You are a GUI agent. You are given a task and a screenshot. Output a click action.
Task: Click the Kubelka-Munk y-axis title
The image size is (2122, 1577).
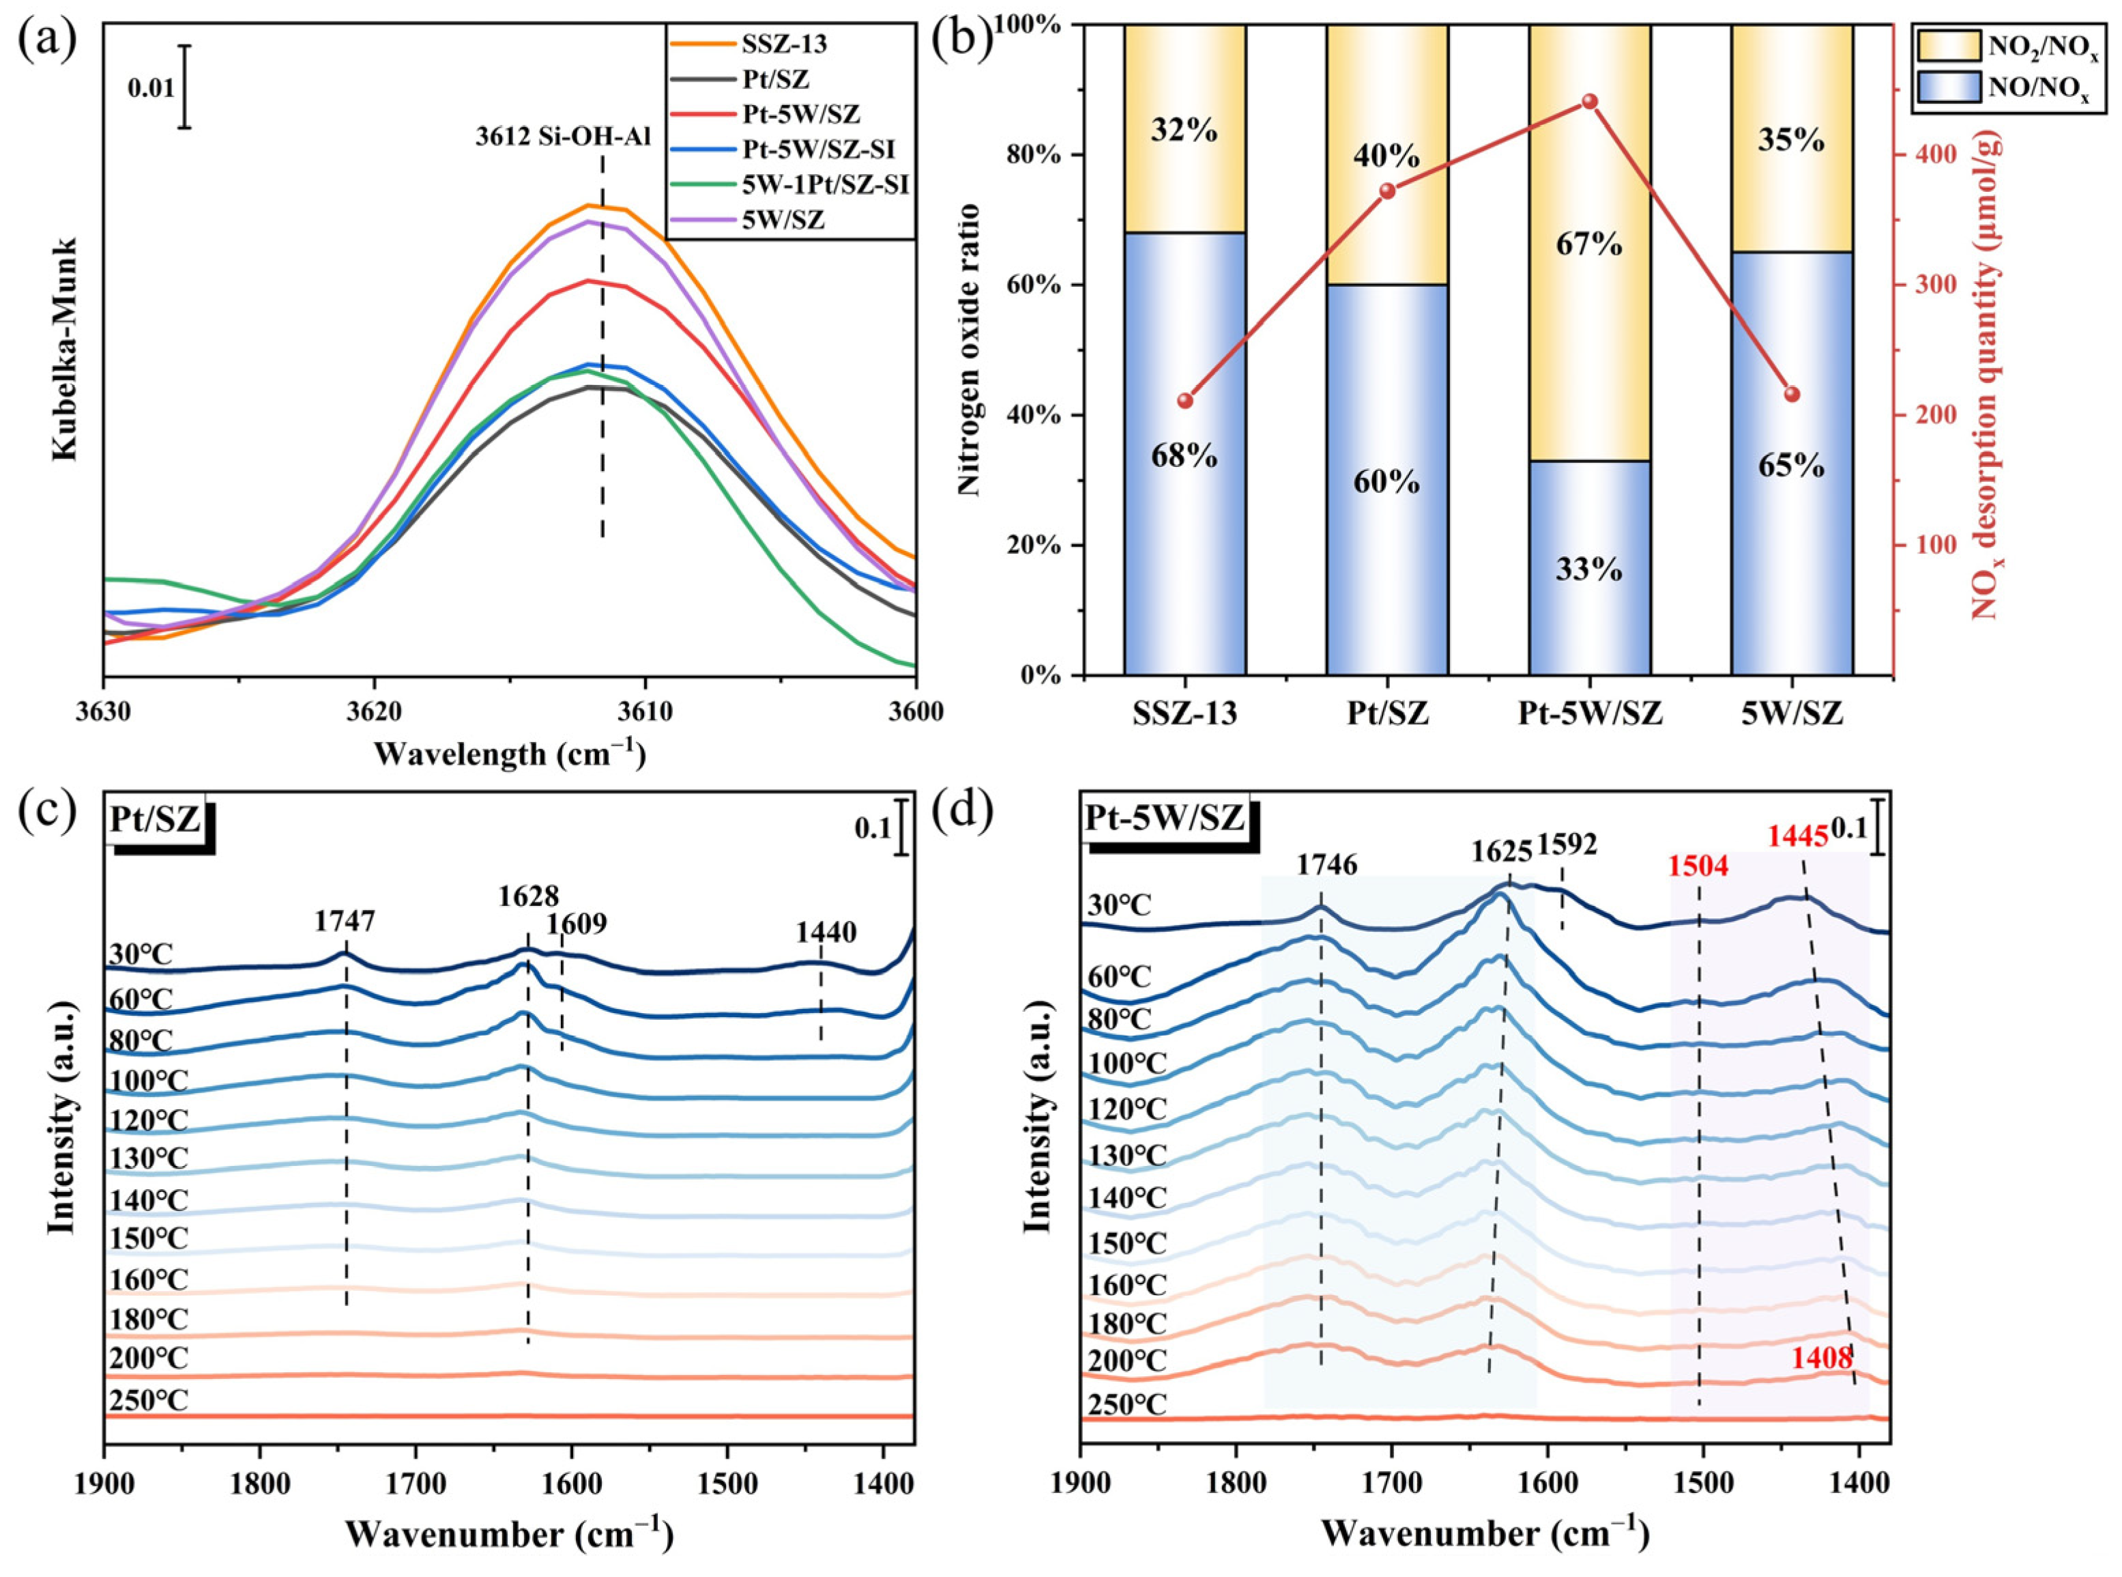[x=65, y=350]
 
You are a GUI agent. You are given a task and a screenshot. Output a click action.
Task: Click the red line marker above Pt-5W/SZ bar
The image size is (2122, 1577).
[x=1590, y=101]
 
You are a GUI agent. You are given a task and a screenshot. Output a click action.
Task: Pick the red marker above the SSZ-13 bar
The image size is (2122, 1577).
[x=1185, y=401]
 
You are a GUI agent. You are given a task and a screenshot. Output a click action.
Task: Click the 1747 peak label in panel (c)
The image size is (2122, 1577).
[x=345, y=921]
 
